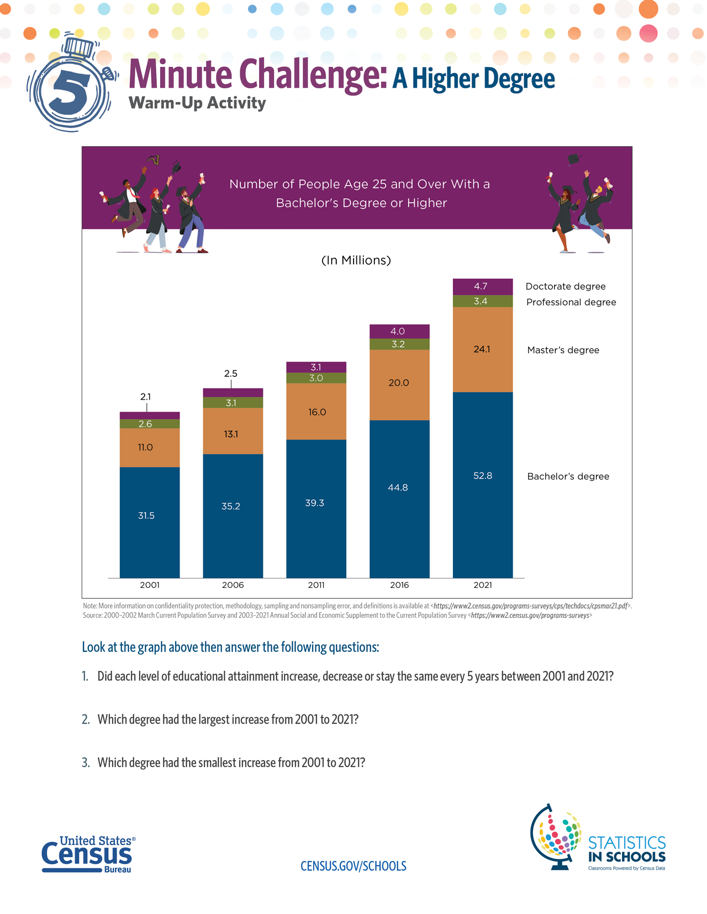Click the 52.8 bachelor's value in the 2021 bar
tap(483, 476)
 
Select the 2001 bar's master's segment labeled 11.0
tap(149, 448)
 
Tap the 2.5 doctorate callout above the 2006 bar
tap(231, 374)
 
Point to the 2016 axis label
tap(399, 585)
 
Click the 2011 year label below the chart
tap(316, 585)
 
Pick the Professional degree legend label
tap(571, 302)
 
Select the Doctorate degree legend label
tap(566, 286)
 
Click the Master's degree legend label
tap(563, 350)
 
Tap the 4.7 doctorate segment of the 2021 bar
tap(483, 287)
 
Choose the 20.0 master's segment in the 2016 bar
tap(399, 385)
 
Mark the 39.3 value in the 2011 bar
tap(314, 503)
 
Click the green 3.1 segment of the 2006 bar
tap(233, 402)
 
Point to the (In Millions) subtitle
tap(356, 261)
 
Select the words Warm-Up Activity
tap(197, 103)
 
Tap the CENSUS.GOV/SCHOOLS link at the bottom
tap(353, 866)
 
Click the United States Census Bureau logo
tap(88, 854)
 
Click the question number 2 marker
tap(86, 720)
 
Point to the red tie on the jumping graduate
tap(134, 194)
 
